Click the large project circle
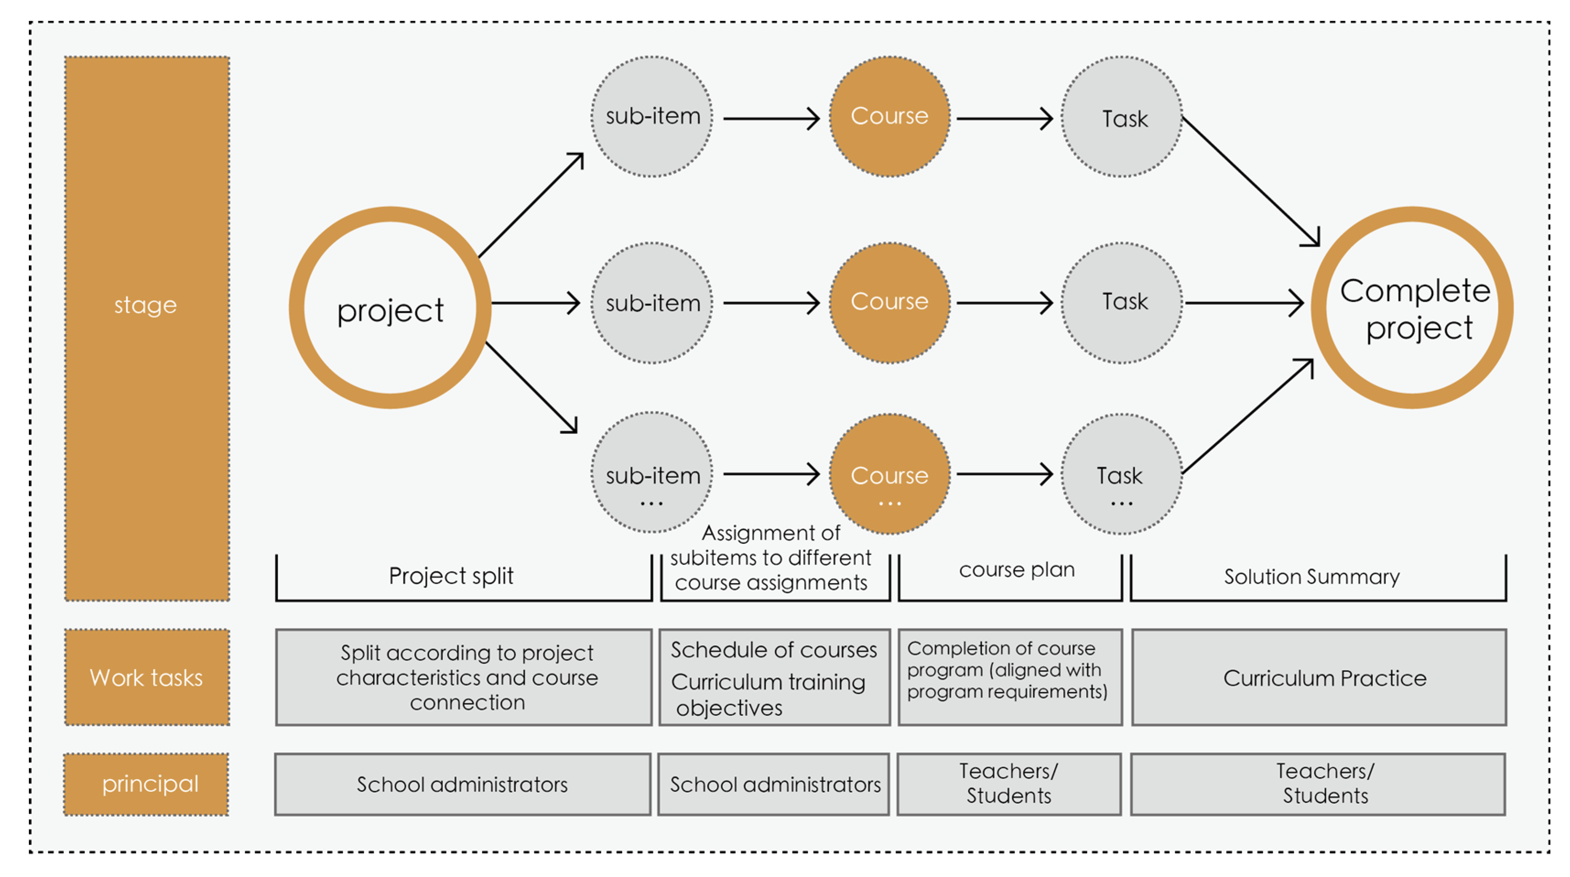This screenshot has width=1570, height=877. (x=390, y=308)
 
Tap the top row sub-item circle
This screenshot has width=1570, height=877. (x=652, y=116)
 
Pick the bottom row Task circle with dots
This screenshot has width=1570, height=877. (x=1121, y=474)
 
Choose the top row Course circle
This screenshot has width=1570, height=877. (x=889, y=116)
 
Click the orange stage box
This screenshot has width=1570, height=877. (x=147, y=329)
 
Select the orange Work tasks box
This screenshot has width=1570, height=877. (x=147, y=677)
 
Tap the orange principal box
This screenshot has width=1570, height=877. (x=146, y=784)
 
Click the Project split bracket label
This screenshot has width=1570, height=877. (x=451, y=575)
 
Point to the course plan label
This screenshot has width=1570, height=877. (x=1017, y=569)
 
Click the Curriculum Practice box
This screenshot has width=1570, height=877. (x=1319, y=677)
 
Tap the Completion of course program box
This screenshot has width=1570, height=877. (x=1010, y=677)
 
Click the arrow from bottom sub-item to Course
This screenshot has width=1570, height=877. (x=771, y=474)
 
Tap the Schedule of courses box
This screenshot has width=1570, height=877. (x=774, y=677)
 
